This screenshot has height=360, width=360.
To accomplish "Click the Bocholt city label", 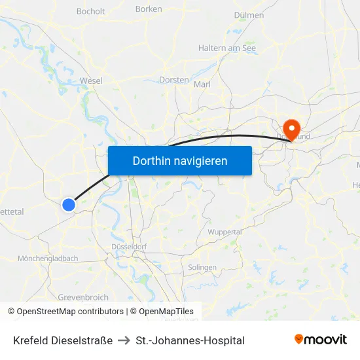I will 90,11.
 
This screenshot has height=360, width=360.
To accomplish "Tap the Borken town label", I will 149,9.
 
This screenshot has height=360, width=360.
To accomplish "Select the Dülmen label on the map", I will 249,15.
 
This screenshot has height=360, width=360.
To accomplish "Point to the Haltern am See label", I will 227,48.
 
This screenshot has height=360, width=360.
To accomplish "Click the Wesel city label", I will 90,81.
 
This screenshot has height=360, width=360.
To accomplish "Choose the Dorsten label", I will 174,80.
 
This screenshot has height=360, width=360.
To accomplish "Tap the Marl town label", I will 202,84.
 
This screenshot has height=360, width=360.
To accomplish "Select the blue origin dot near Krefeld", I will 69,205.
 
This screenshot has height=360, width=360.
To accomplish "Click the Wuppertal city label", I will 225,232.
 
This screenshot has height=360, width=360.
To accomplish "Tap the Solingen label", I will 202,268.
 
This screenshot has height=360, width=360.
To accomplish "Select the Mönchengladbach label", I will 48,259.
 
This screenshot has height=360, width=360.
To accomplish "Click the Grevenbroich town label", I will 82,297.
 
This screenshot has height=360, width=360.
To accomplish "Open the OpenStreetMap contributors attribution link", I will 70,312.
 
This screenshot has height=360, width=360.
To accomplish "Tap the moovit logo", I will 320,339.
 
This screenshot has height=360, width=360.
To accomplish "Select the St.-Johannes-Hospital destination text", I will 190,340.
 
